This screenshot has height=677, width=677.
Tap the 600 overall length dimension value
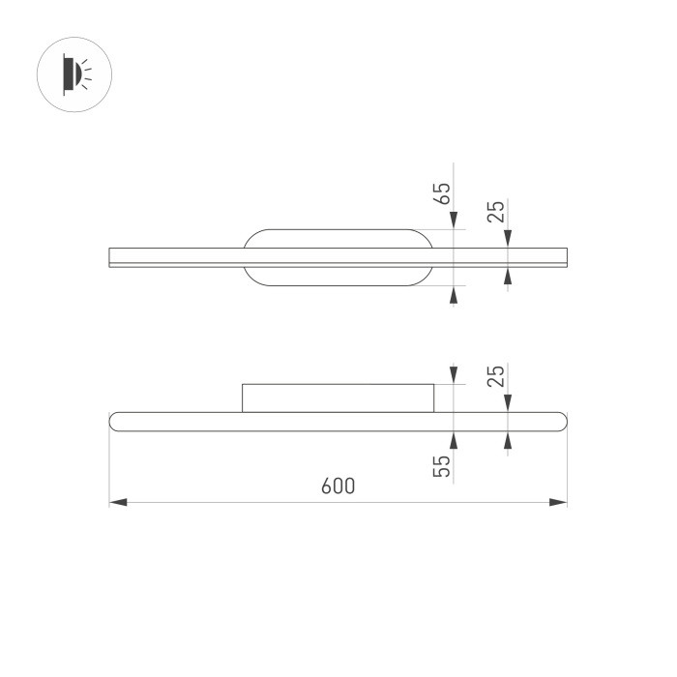338,486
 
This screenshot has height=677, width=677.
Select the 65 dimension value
443,191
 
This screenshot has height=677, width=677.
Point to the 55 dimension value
443,467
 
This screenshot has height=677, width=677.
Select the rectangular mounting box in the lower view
338,397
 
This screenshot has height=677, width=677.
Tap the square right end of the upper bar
564,257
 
